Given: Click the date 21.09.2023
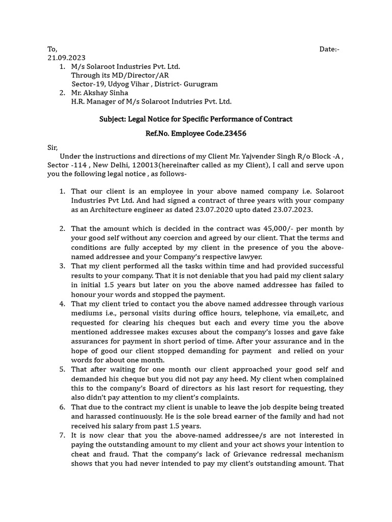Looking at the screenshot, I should click(x=66, y=58).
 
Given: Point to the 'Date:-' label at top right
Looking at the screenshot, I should click(x=329, y=49).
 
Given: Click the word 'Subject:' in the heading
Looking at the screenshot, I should click(x=112, y=119).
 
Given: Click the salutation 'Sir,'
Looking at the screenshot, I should click(x=53, y=148).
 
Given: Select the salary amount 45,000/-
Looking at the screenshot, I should click(x=277, y=229).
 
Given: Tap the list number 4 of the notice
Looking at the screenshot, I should click(x=62, y=304).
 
